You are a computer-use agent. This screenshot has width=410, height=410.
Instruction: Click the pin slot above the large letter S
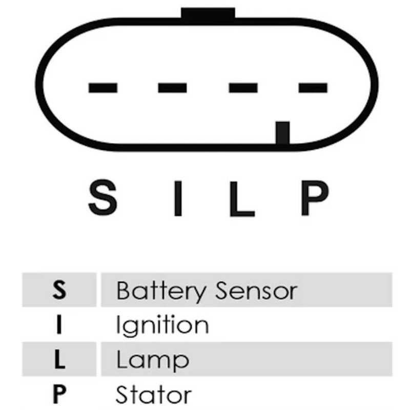tap(103, 88)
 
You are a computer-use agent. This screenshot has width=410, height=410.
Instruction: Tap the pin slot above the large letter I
tap(172, 88)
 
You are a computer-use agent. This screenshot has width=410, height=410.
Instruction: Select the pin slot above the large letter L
tap(243, 88)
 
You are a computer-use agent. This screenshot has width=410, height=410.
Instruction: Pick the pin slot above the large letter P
tap(313, 88)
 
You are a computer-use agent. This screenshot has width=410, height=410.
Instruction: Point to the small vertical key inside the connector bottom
tap(283, 133)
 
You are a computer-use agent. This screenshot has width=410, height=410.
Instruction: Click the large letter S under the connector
tap(103, 197)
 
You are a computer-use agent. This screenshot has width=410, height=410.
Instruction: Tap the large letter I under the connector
tap(178, 198)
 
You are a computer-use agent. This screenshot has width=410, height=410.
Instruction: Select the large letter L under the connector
tap(242, 198)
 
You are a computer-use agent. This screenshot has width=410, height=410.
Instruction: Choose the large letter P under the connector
tap(315, 198)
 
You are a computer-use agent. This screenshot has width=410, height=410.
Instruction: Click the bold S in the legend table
tap(59, 290)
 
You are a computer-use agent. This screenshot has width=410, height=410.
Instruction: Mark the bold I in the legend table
tap(59, 324)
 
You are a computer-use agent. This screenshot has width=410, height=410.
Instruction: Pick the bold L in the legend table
tap(59, 359)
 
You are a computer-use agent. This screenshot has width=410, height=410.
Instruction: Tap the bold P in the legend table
tap(59, 394)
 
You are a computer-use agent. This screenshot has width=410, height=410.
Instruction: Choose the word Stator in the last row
tap(153, 394)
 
